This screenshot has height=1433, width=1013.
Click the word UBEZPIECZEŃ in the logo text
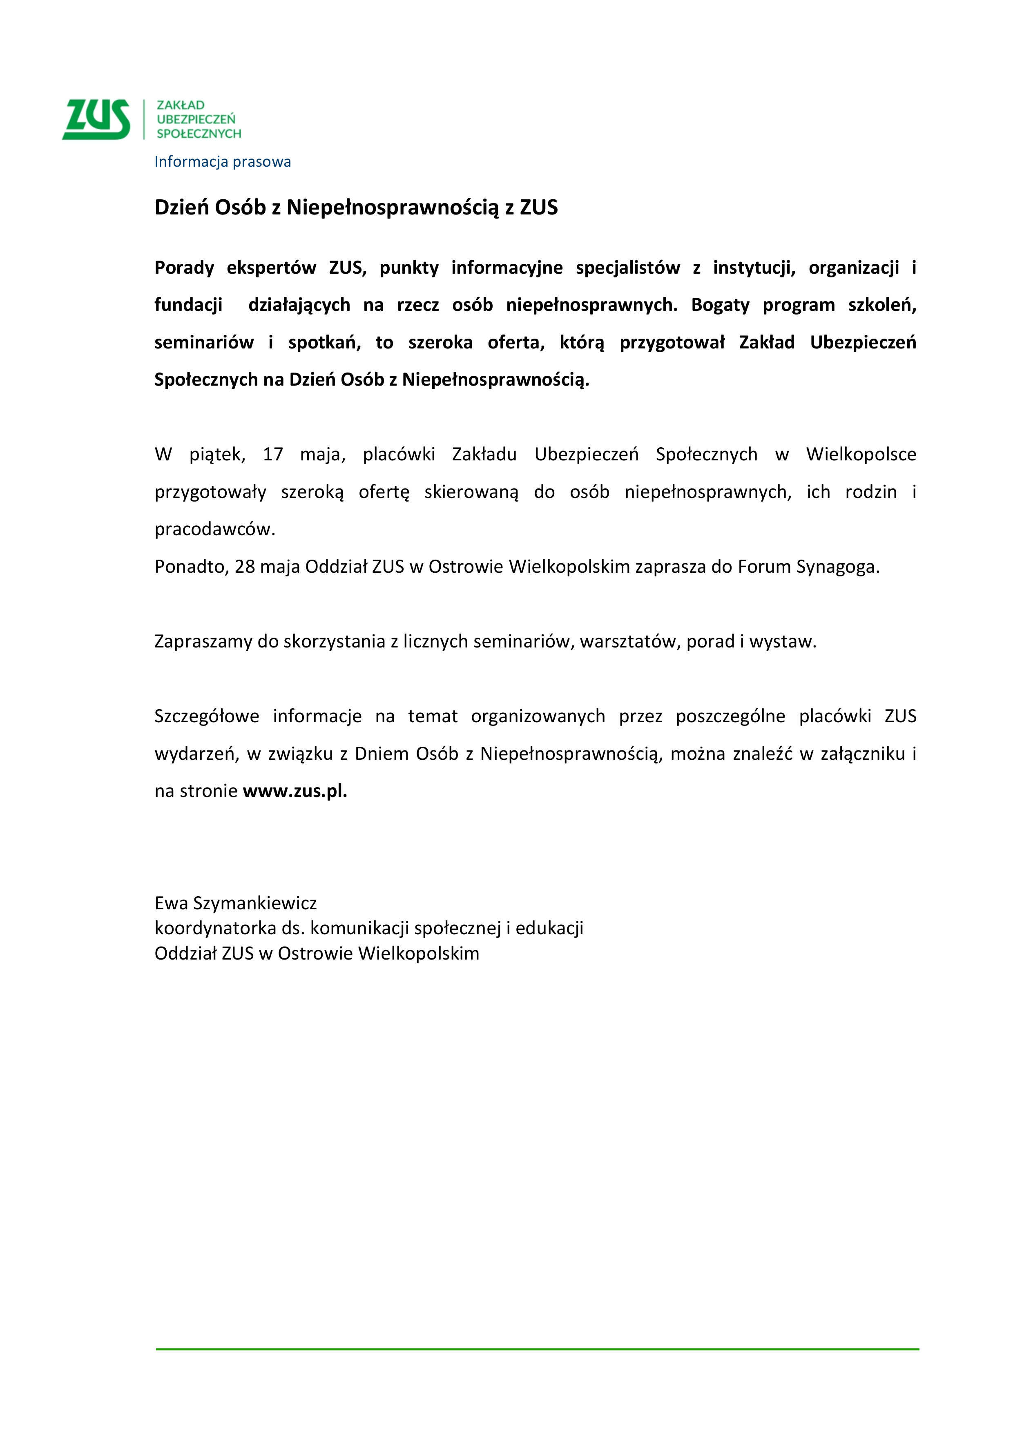tap(196, 119)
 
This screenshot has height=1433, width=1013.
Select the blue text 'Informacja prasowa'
tap(222, 162)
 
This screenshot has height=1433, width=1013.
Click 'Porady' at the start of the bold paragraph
tap(184, 268)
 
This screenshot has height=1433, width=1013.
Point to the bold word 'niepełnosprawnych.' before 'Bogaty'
tap(591, 305)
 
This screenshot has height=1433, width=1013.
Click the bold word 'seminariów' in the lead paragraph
tap(203, 343)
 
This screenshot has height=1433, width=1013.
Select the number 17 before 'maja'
tap(273, 454)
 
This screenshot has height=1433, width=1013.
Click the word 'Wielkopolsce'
tap(861, 454)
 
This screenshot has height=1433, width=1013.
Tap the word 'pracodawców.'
tap(215, 529)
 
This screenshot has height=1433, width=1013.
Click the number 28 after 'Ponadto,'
tap(245, 567)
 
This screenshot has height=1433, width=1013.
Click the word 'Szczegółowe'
tap(207, 716)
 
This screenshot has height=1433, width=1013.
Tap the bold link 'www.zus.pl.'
tap(295, 791)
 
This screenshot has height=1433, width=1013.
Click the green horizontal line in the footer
tap(537, 1349)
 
